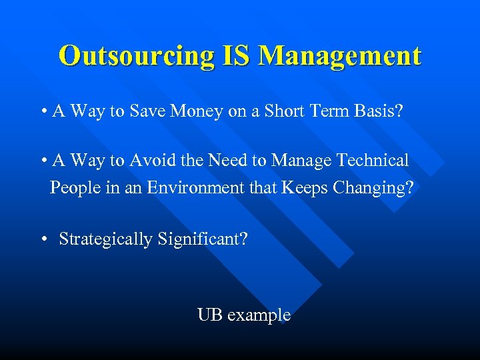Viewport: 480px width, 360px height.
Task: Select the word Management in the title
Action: coord(340,56)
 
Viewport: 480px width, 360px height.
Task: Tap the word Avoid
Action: coord(151,161)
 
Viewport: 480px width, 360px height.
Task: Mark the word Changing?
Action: coord(373,187)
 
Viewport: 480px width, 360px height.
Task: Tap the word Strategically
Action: coord(106,239)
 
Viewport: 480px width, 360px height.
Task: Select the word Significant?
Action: coord(203,239)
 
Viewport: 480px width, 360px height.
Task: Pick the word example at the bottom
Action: coord(259,315)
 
